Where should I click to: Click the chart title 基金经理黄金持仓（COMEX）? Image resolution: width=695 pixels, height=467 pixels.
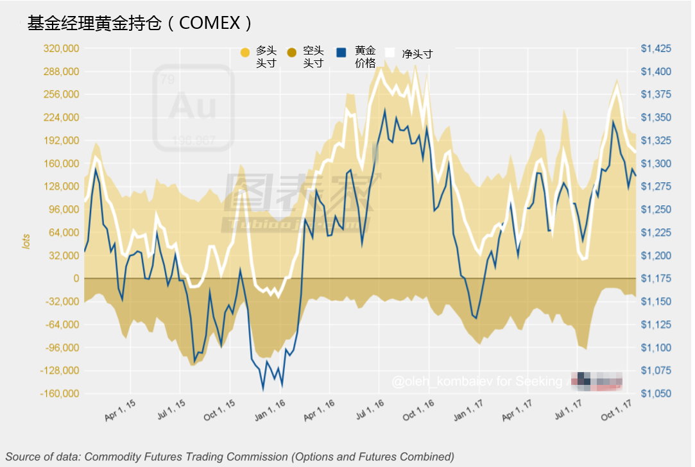pos(140,23)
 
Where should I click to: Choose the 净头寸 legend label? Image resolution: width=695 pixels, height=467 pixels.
pos(417,54)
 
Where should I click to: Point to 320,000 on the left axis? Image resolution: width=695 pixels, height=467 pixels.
pos(61,48)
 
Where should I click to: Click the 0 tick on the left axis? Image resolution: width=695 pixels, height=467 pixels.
pos(76,278)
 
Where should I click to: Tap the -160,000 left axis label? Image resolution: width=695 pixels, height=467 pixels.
pos(59,394)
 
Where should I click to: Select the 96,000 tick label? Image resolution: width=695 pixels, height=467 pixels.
pos(64,210)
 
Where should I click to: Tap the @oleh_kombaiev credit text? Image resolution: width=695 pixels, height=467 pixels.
pos(443,382)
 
